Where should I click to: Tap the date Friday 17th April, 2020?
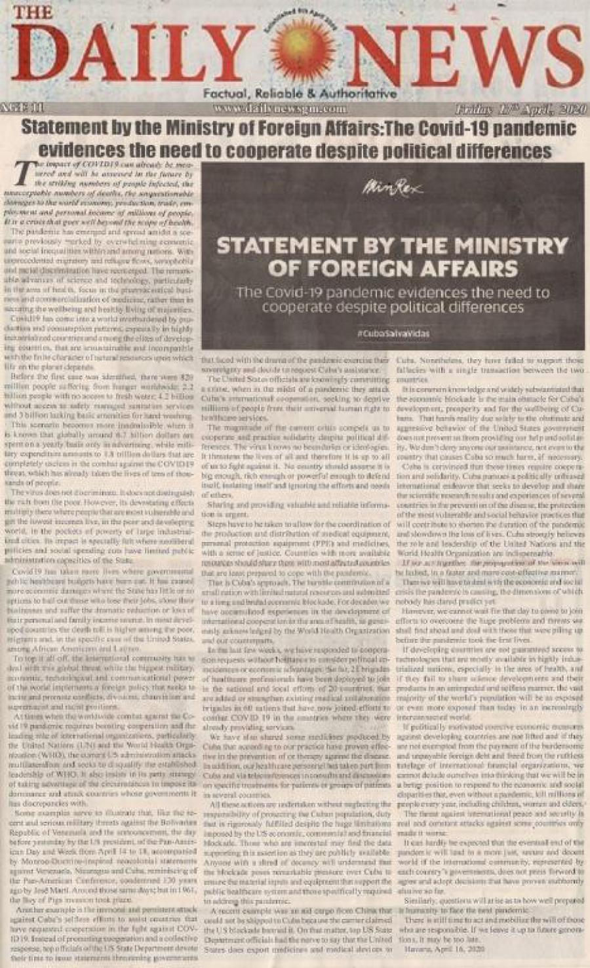(517, 108)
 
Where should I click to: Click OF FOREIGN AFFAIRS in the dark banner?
(393, 268)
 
